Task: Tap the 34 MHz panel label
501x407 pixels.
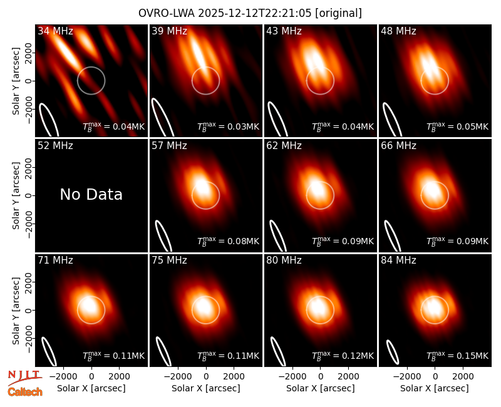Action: pos(55,31)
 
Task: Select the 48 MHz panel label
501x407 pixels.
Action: pos(398,31)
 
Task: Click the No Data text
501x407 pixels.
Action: pos(91,194)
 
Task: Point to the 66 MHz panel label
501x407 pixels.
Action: pos(398,146)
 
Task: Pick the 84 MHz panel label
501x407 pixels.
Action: pos(398,260)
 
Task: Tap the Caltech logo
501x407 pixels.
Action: pos(25,392)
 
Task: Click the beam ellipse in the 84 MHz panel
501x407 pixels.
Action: pos(393,353)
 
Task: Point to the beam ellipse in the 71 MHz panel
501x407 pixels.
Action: pos(49,352)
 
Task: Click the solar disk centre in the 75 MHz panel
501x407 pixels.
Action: pos(206,310)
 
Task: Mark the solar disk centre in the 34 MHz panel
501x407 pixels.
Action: pos(91,81)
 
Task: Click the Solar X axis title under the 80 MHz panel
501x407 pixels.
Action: pos(321,388)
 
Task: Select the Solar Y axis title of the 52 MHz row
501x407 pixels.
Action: pos(16,195)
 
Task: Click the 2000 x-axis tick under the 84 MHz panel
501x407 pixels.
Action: pos(463,376)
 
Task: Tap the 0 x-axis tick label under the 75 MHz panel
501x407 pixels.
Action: pos(206,376)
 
